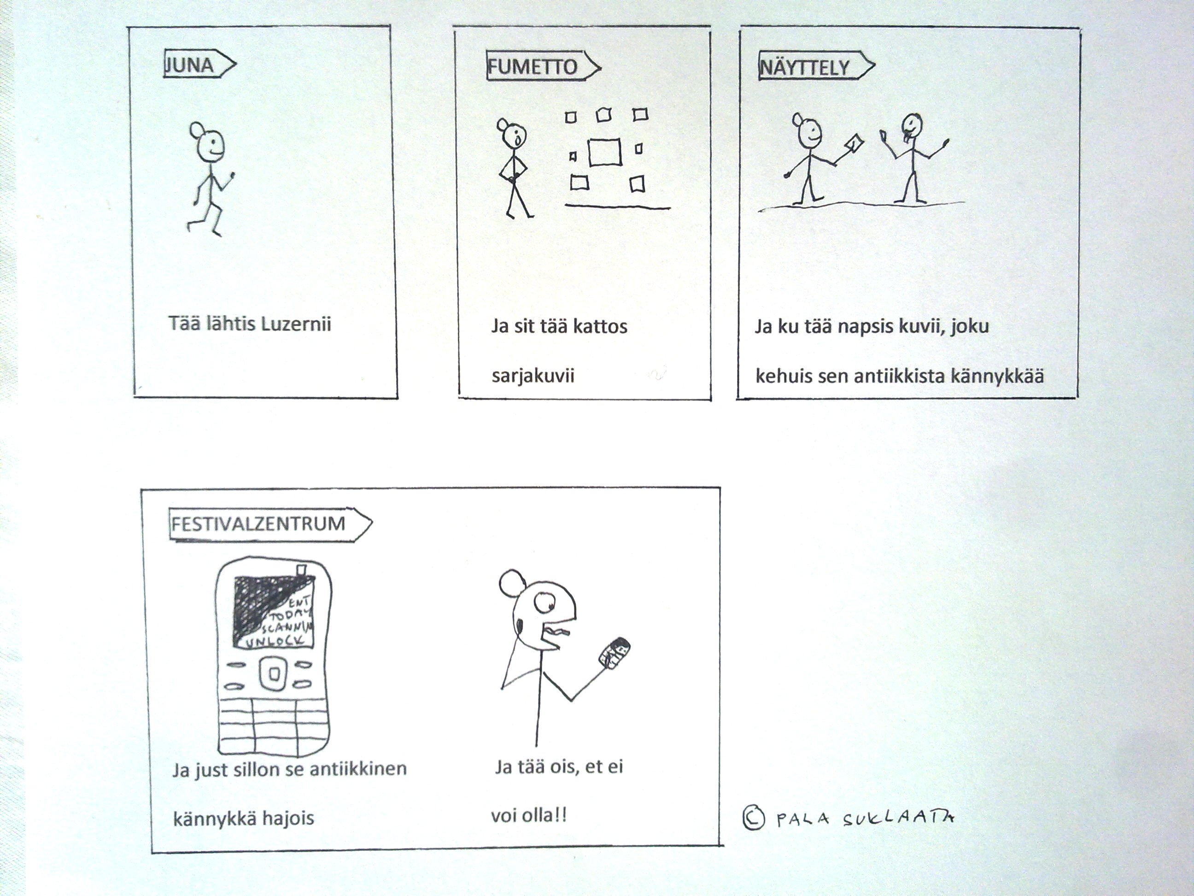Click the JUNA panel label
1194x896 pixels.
[x=189, y=66]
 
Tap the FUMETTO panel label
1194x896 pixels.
[x=533, y=67]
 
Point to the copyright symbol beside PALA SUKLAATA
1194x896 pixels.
[x=754, y=817]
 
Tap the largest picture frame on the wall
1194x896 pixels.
[x=604, y=152]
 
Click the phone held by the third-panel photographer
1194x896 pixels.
[x=852, y=145]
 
